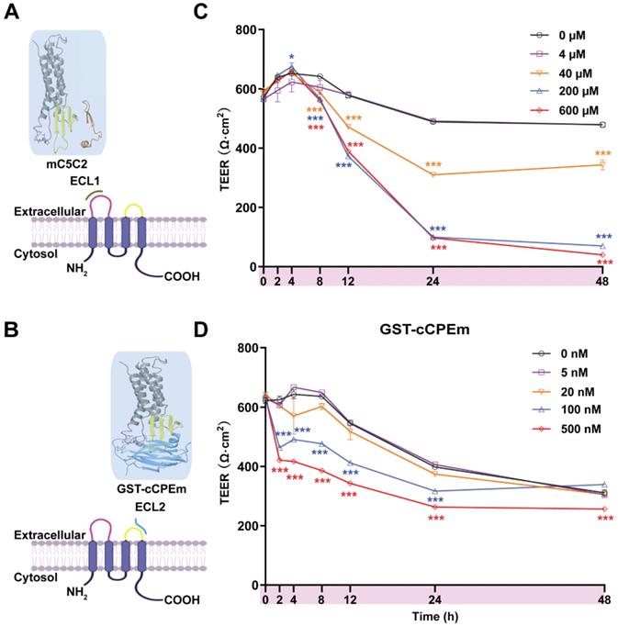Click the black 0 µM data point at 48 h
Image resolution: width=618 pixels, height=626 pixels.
[x=601, y=125]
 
